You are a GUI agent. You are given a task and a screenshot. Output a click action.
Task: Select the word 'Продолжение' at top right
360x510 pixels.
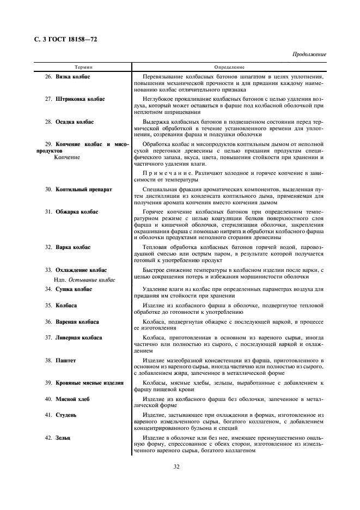click(309, 54)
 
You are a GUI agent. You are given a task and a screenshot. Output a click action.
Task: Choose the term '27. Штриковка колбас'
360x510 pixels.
click(75, 99)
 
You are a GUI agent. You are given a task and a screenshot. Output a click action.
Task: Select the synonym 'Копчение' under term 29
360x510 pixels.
click(67, 157)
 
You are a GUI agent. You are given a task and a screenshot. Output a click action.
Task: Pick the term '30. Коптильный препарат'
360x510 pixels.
click(78, 189)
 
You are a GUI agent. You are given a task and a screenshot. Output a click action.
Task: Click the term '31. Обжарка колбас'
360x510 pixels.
click(71, 211)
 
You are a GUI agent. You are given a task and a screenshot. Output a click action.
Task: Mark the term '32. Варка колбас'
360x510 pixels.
click(68, 247)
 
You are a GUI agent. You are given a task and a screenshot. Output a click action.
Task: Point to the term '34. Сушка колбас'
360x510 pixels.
click(68, 289)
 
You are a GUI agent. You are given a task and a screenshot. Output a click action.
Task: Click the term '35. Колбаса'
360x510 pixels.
click(60, 305)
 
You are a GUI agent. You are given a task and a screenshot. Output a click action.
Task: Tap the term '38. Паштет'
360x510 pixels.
click(60, 360)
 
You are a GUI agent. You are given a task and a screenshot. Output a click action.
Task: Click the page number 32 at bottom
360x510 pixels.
click(176, 466)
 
